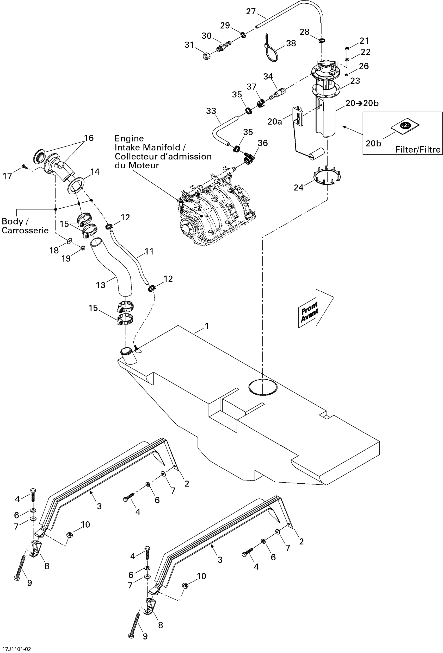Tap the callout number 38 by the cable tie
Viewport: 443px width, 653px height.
tap(291, 43)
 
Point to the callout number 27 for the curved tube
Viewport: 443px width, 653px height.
tap(251, 11)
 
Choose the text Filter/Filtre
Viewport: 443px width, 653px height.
tap(418, 150)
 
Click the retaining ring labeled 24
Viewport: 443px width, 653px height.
tap(327, 176)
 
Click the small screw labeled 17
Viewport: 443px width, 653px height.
tap(24, 167)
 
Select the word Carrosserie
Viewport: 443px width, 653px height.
tap(25, 231)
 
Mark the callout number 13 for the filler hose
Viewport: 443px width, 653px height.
tap(101, 285)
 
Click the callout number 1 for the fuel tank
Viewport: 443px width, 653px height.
tap(207, 326)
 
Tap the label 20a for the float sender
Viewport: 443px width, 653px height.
tap(274, 122)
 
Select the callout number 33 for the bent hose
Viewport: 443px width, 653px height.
tap(211, 111)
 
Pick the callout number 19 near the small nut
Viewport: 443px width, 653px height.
tap(66, 259)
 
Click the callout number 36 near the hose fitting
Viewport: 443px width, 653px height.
tap(263, 143)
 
